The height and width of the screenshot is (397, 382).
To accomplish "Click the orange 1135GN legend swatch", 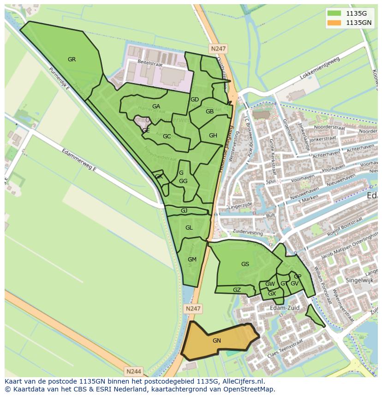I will (335, 22).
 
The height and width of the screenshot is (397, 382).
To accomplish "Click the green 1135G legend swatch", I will (335, 13).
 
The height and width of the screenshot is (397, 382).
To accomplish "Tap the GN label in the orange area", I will (217, 341).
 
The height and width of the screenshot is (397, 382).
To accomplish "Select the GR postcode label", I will (72, 59).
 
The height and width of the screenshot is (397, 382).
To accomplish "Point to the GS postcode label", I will (245, 264).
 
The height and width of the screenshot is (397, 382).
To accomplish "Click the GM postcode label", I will (192, 260).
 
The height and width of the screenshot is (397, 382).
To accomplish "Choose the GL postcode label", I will (189, 228).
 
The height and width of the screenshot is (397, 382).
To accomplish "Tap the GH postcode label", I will (213, 136).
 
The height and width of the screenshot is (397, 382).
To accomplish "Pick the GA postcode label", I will (156, 107).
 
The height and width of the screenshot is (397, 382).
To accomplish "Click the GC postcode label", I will (167, 136).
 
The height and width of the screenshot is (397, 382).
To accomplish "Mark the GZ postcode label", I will (237, 290).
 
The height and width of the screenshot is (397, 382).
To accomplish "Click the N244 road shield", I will (134, 371).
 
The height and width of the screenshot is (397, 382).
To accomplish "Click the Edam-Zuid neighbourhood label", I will (285, 308).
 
